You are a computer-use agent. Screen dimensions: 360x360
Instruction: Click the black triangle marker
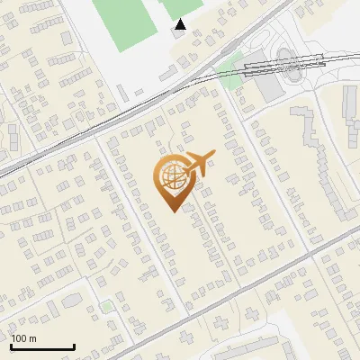click(181, 25)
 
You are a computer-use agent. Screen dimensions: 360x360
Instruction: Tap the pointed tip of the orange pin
click(171, 211)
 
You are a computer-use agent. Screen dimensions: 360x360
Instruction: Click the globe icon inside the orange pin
click(171, 177)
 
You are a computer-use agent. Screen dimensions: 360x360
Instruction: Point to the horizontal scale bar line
click(42, 346)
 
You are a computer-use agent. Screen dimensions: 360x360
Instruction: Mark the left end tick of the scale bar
click(11, 345)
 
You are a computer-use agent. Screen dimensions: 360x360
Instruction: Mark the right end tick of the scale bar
click(74, 345)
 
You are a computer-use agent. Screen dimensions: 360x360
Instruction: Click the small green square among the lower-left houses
click(107, 307)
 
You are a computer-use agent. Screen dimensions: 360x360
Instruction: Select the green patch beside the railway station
click(231, 80)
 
